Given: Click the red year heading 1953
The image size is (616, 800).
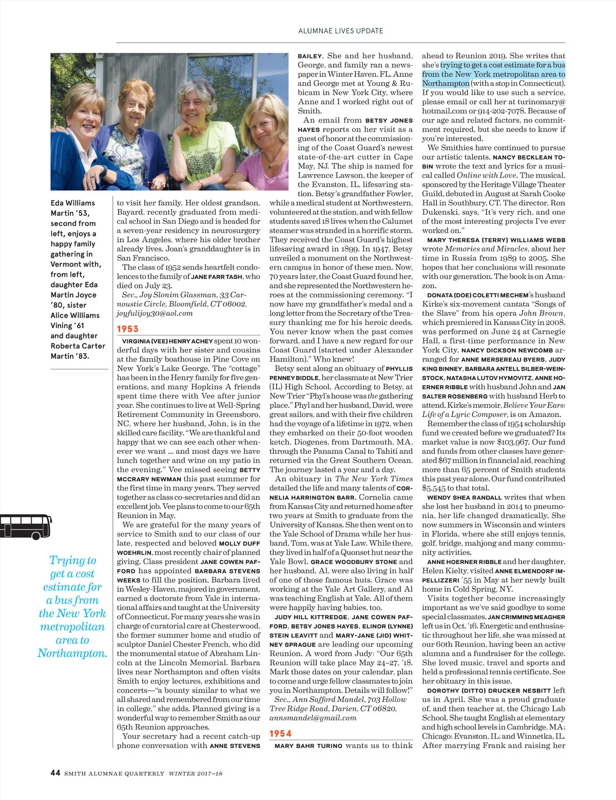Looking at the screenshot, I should [x=128, y=329].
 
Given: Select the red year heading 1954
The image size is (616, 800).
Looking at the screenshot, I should [x=280, y=733].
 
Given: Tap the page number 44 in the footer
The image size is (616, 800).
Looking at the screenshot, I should [x=55, y=773].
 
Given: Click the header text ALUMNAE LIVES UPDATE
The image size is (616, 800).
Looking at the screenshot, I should [x=341, y=31].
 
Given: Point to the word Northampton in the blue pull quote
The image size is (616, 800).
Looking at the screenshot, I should [x=72, y=653].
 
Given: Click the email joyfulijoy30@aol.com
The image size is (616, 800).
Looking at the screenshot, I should [x=155, y=313].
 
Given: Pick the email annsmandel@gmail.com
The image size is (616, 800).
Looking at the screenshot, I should [x=313, y=718].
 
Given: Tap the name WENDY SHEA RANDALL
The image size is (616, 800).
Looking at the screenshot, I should [x=464, y=498].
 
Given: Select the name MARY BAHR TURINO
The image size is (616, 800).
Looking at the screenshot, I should [x=308, y=746].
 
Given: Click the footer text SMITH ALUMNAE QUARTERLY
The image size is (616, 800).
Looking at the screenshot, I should [x=114, y=773].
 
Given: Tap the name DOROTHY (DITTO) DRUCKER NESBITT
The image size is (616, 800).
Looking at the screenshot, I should [x=489, y=691].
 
